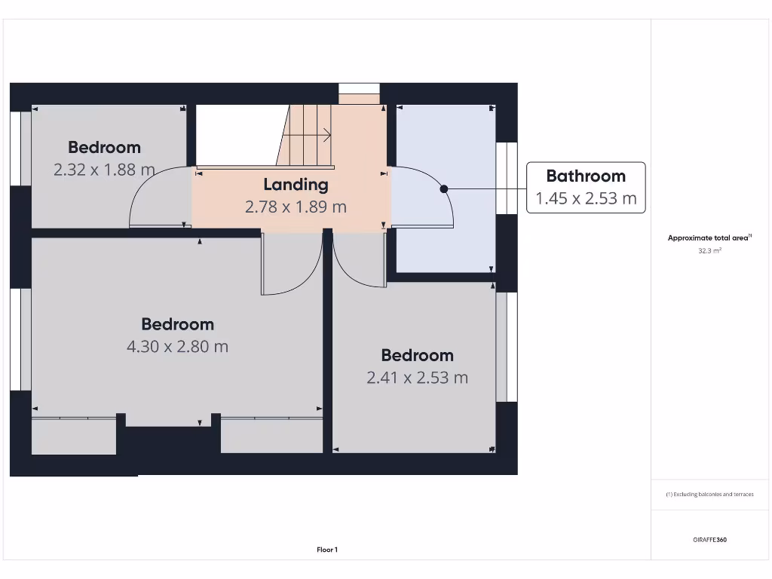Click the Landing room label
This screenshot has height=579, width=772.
[296, 185]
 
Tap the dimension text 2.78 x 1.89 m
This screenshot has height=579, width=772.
[296, 207]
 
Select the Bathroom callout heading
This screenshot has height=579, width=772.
[586, 176]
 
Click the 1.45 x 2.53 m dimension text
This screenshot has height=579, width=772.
[586, 199]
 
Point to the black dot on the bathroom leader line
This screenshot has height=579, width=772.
[444, 188]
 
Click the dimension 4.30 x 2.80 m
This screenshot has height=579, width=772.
[178, 347]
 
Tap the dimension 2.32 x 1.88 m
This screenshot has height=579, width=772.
[104, 170]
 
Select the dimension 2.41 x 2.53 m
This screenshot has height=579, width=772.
[417, 378]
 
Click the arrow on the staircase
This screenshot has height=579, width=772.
[326, 136]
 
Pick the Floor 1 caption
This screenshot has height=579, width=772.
[327, 550]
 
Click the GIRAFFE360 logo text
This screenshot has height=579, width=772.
[710, 540]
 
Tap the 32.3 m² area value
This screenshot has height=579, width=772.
[710, 251]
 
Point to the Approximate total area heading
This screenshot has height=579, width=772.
[709, 238]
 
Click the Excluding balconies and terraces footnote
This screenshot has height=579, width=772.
[710, 495]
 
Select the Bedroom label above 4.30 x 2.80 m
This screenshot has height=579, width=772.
[178, 324]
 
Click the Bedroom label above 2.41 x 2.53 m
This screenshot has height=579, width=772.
[417, 355]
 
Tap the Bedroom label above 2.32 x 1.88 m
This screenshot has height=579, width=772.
[104, 148]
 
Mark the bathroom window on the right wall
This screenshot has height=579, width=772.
[507, 178]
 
